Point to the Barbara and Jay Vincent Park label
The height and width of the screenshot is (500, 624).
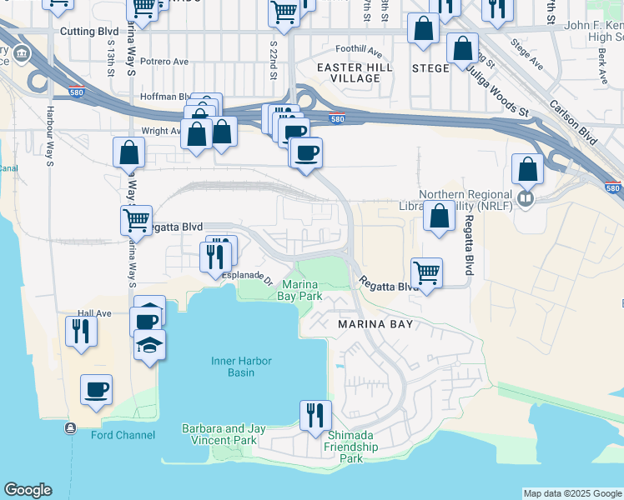coord(224,434)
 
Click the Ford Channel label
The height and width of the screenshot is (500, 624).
coord(123,434)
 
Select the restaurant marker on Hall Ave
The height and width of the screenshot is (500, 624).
coord(82,331)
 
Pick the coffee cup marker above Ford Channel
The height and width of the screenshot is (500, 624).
coord(97,389)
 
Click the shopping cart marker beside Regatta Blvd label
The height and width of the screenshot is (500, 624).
coord(136,221)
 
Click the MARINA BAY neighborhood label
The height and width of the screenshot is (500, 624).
coord(375,323)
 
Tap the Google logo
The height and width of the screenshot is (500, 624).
coord(28,490)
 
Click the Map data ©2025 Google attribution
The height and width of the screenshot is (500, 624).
coord(572,493)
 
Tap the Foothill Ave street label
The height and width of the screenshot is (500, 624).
coord(358,49)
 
